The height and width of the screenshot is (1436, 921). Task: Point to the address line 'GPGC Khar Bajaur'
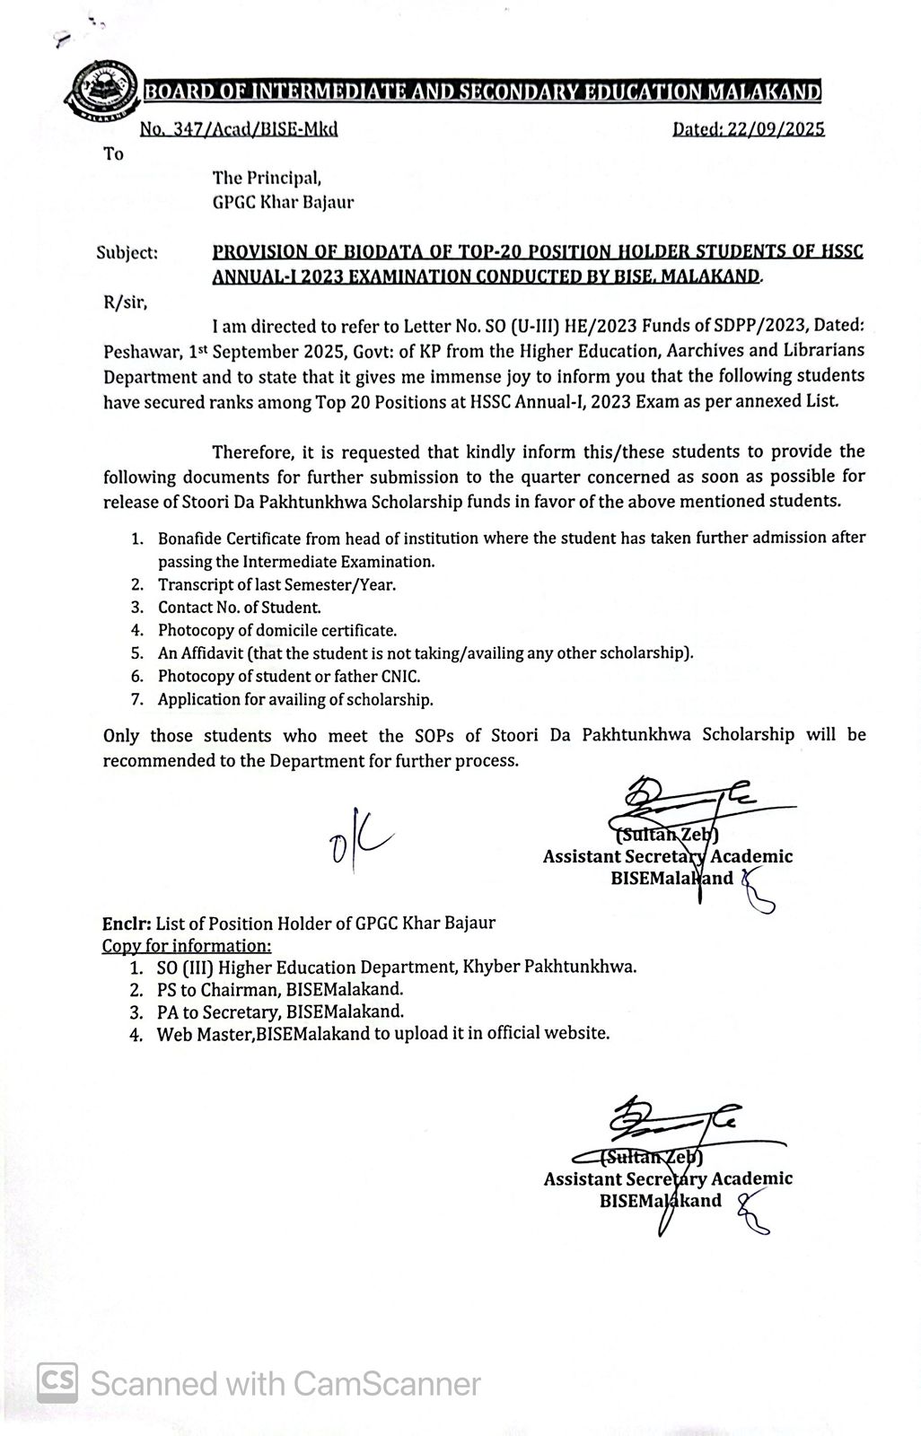pos(283,202)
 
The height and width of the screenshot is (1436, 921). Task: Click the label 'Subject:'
pos(127,253)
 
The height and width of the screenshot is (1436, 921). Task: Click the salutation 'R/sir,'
pos(126,302)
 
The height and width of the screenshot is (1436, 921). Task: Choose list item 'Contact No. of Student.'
pos(239,608)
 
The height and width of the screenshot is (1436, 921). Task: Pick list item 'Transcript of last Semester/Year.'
pos(276,584)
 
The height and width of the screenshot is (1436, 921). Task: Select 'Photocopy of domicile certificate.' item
pos(276,631)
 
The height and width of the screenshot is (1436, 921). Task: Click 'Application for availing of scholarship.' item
pos(295,699)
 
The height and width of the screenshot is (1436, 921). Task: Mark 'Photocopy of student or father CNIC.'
pos(289,676)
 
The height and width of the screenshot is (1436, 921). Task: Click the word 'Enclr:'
pos(127,923)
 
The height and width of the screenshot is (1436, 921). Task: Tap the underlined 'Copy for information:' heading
pos(186,946)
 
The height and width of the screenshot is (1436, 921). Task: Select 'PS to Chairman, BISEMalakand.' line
pos(280,990)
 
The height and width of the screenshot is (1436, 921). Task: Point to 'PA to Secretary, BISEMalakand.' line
pos(280,1011)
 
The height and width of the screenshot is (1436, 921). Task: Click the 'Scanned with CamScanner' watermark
pos(285,1383)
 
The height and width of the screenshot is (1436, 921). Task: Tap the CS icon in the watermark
pos(57,1382)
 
